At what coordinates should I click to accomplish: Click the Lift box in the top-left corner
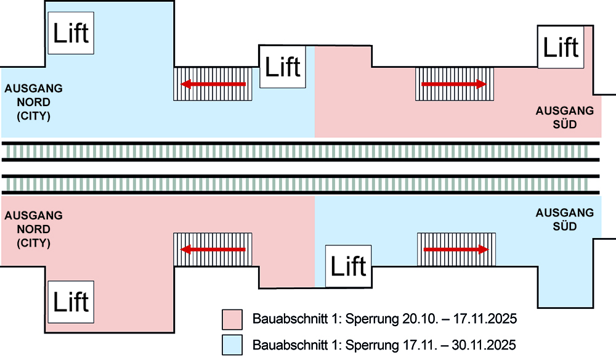click(71, 31)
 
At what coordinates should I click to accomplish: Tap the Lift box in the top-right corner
click(561, 47)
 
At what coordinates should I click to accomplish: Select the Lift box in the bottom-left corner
click(71, 302)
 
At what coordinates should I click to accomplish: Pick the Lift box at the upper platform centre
click(283, 67)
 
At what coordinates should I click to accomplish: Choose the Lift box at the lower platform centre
click(349, 266)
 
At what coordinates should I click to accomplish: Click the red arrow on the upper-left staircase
click(213, 84)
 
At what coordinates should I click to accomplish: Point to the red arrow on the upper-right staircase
click(454, 84)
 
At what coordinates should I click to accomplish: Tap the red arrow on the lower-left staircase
click(213, 250)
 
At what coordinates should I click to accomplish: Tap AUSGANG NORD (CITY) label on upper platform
click(33, 102)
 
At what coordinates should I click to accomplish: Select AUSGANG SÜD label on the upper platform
click(565, 118)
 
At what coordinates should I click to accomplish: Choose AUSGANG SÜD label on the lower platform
click(565, 219)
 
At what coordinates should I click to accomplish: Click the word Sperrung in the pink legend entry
click(368, 319)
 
